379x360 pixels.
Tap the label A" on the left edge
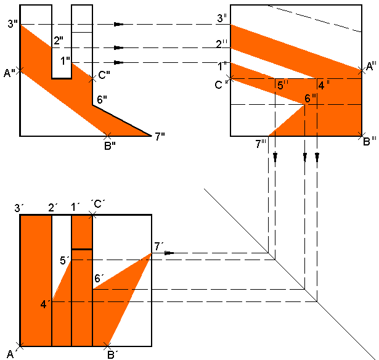tap(9, 74)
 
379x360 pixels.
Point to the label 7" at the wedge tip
tap(160, 137)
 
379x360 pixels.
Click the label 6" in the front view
tap(102, 99)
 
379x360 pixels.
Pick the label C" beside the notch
tap(104, 75)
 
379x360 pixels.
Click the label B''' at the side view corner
tap(370, 142)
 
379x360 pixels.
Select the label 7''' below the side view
tap(261, 144)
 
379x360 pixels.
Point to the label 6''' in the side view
tap(311, 98)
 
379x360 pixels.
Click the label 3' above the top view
tap(19, 208)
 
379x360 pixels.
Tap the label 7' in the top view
tap(159, 247)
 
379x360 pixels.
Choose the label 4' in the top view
tap(44, 304)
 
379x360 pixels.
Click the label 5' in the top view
tap(63, 261)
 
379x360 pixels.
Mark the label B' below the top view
tap(112, 354)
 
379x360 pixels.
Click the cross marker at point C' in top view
tap(92, 214)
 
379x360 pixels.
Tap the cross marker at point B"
tap(108, 135)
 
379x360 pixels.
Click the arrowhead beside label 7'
tap(170, 253)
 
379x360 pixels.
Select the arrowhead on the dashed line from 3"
tap(119, 24)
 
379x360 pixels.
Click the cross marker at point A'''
tap(361, 69)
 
